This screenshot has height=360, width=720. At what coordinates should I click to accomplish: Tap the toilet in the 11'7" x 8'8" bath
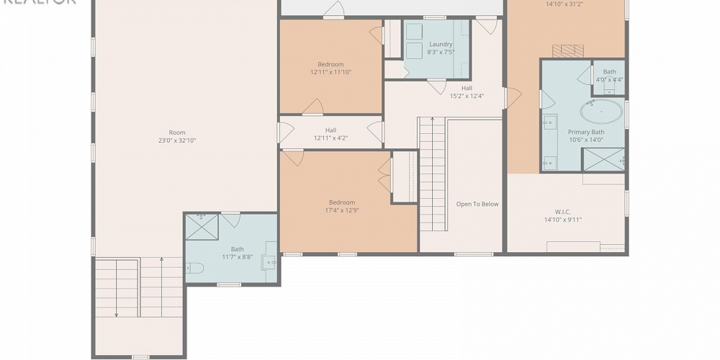[x=195, y=269]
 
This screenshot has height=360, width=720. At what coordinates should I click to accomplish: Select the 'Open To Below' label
[x=477, y=204]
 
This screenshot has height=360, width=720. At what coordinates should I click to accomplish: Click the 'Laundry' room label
[x=441, y=45]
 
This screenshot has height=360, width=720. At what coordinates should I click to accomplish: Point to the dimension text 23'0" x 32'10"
[x=177, y=141]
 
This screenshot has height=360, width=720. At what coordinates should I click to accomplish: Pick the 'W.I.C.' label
[x=563, y=212]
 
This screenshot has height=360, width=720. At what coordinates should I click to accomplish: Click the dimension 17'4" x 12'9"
[x=342, y=211]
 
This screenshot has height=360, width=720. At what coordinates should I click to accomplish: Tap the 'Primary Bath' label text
[x=586, y=132]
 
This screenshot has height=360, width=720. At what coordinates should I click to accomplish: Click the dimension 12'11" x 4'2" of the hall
[x=330, y=138]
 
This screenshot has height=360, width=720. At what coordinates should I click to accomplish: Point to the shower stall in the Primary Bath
[x=603, y=160]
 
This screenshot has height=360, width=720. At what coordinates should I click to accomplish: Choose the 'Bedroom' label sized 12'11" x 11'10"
[x=330, y=64]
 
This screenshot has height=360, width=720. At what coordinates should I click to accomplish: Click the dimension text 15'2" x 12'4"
[x=467, y=96]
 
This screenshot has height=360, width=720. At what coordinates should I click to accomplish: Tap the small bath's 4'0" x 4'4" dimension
[x=610, y=80]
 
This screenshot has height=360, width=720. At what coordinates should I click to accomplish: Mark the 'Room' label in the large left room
[x=177, y=132]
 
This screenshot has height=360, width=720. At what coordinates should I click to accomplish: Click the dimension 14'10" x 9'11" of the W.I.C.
[x=563, y=220]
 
